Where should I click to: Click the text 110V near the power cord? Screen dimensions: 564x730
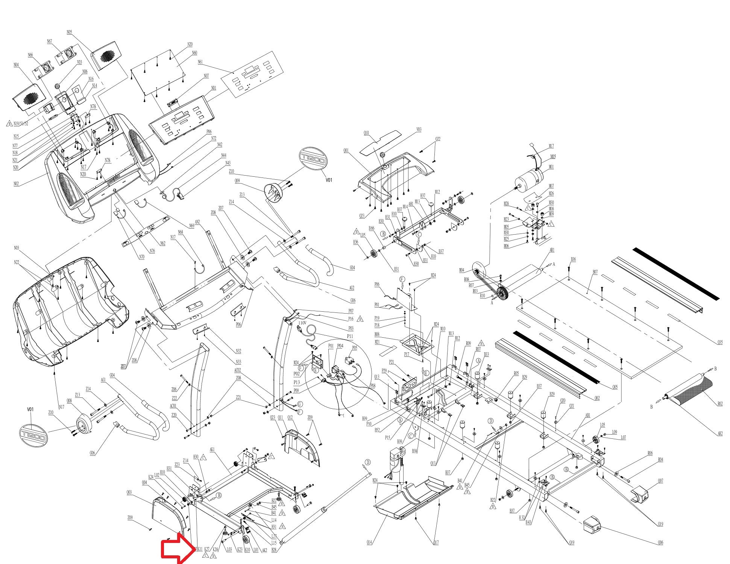click(x=302, y=323)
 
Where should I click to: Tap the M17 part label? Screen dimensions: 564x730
click(x=551, y=146)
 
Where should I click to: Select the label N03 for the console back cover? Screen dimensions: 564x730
click(x=17, y=248)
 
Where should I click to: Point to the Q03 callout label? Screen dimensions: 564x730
click(x=129, y=492)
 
